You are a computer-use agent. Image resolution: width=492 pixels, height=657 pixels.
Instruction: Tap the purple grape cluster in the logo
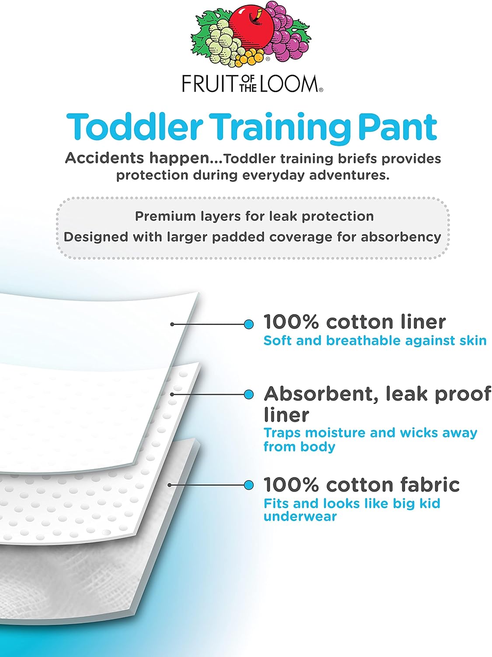tap(285, 33)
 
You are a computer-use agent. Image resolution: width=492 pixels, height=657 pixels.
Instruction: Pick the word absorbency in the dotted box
tap(401, 237)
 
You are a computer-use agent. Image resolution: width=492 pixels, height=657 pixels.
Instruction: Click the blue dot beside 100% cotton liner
tap(248, 324)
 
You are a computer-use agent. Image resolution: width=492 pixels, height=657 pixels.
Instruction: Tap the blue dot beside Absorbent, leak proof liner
tap(248, 394)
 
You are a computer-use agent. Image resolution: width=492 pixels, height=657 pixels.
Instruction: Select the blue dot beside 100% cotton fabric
tap(248, 485)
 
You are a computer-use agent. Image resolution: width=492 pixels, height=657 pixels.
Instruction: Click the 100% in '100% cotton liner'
tap(291, 322)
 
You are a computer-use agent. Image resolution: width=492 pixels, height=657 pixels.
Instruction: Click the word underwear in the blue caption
tap(300, 516)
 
